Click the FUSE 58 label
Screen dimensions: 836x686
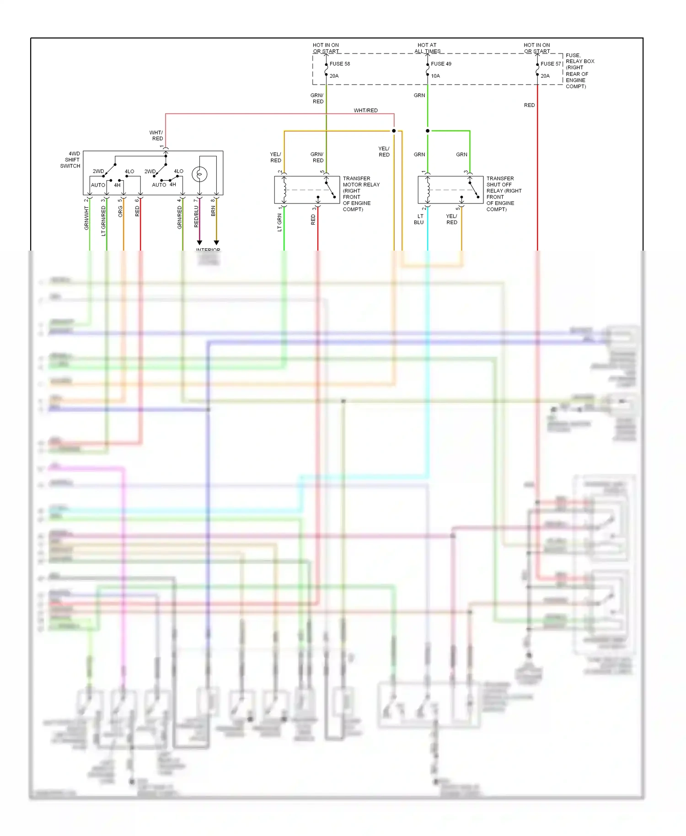pyautogui.click(x=340, y=64)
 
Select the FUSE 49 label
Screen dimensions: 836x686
pyautogui.click(x=441, y=64)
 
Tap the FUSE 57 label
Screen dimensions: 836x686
pyautogui.click(x=551, y=64)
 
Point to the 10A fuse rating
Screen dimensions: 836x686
pyautogui.click(x=435, y=76)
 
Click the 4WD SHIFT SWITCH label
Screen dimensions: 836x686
pyautogui.click(x=71, y=160)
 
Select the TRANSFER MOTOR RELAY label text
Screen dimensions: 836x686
pyautogui.click(x=361, y=193)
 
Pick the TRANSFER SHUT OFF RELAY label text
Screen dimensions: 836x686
pyautogui.click(x=504, y=193)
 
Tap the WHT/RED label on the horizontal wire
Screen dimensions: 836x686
pyautogui.click(x=365, y=111)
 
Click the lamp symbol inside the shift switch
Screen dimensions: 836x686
pyautogui.click(x=199, y=174)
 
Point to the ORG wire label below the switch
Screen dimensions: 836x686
pyautogui.click(x=120, y=211)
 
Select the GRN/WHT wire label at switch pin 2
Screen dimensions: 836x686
pyautogui.click(x=86, y=218)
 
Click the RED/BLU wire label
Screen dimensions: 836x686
pyautogui.click(x=196, y=216)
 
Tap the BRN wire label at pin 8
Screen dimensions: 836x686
pyautogui.click(x=213, y=211)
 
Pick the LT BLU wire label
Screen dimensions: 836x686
pyautogui.click(x=419, y=220)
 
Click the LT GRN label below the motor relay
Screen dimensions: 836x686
pyautogui.click(x=279, y=222)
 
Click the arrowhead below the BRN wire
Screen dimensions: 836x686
pyautogui.click(x=216, y=242)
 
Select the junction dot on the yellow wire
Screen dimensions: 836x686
pyautogui.click(x=394, y=131)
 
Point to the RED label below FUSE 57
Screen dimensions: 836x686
pyautogui.click(x=529, y=105)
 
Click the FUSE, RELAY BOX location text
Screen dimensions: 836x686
pyautogui.click(x=579, y=71)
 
